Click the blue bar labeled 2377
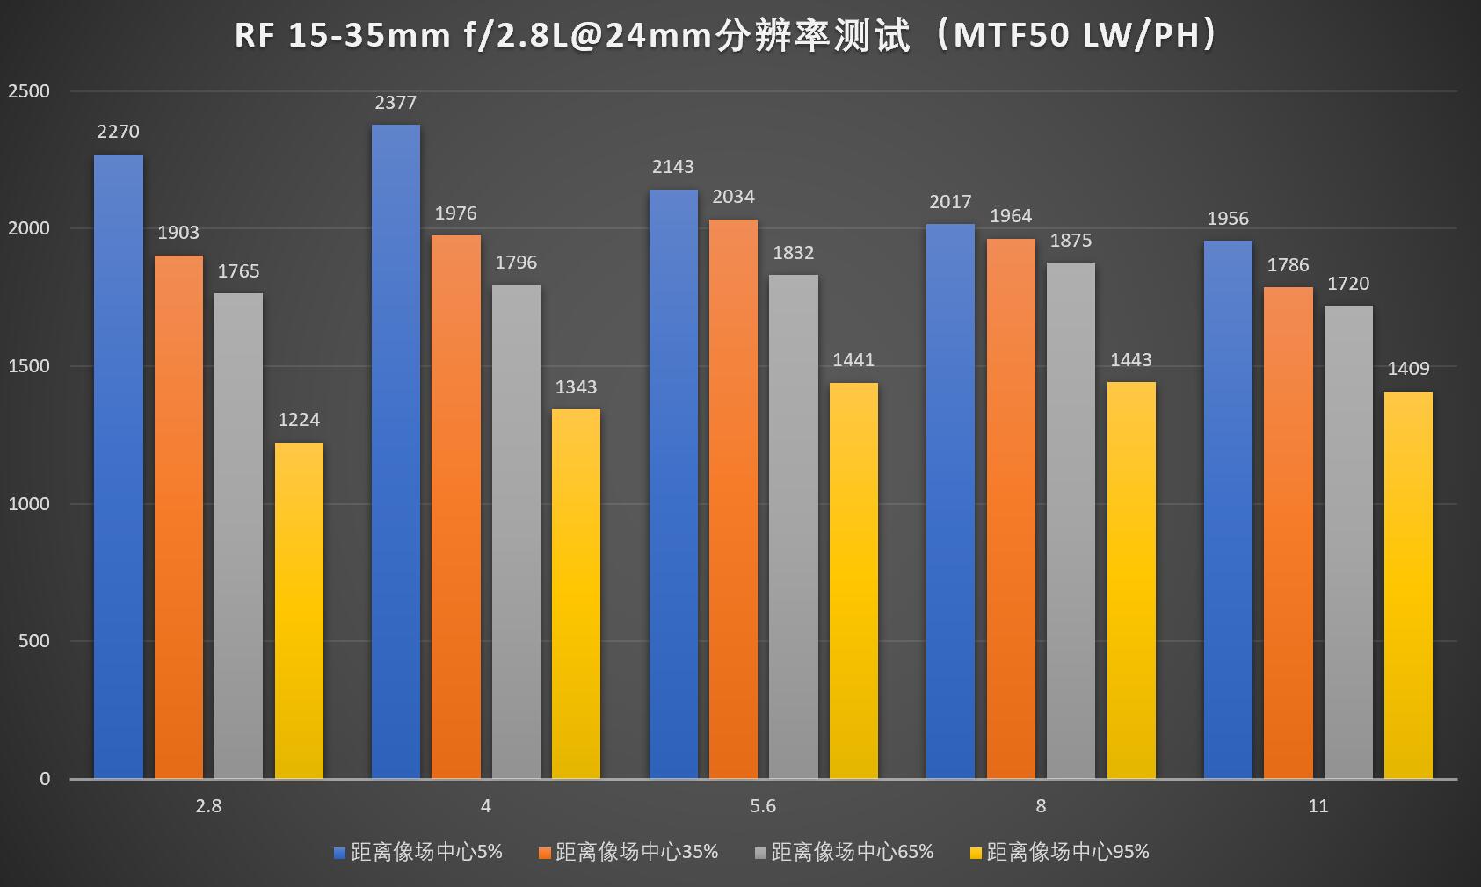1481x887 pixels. pos(396,451)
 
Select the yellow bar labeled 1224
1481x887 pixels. pos(299,610)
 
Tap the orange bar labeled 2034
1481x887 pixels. pos(733,499)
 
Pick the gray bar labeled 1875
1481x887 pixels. pos(1071,520)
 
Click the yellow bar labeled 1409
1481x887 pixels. pos(1408,585)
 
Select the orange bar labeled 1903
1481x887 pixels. pos(178,516)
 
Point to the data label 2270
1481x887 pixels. pos(118,132)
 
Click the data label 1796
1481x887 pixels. pos(516,263)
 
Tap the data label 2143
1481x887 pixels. pos(673,167)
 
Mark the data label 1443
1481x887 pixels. pos(1131,360)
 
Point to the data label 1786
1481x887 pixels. pos(1288,265)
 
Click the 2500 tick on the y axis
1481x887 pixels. pos(29,91)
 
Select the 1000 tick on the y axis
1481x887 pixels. pos(29,504)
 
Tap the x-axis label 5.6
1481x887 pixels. pos(763,806)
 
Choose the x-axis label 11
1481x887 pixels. pos(1318,806)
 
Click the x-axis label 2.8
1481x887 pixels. pos(208,806)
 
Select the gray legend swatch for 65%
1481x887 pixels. pos(760,852)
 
